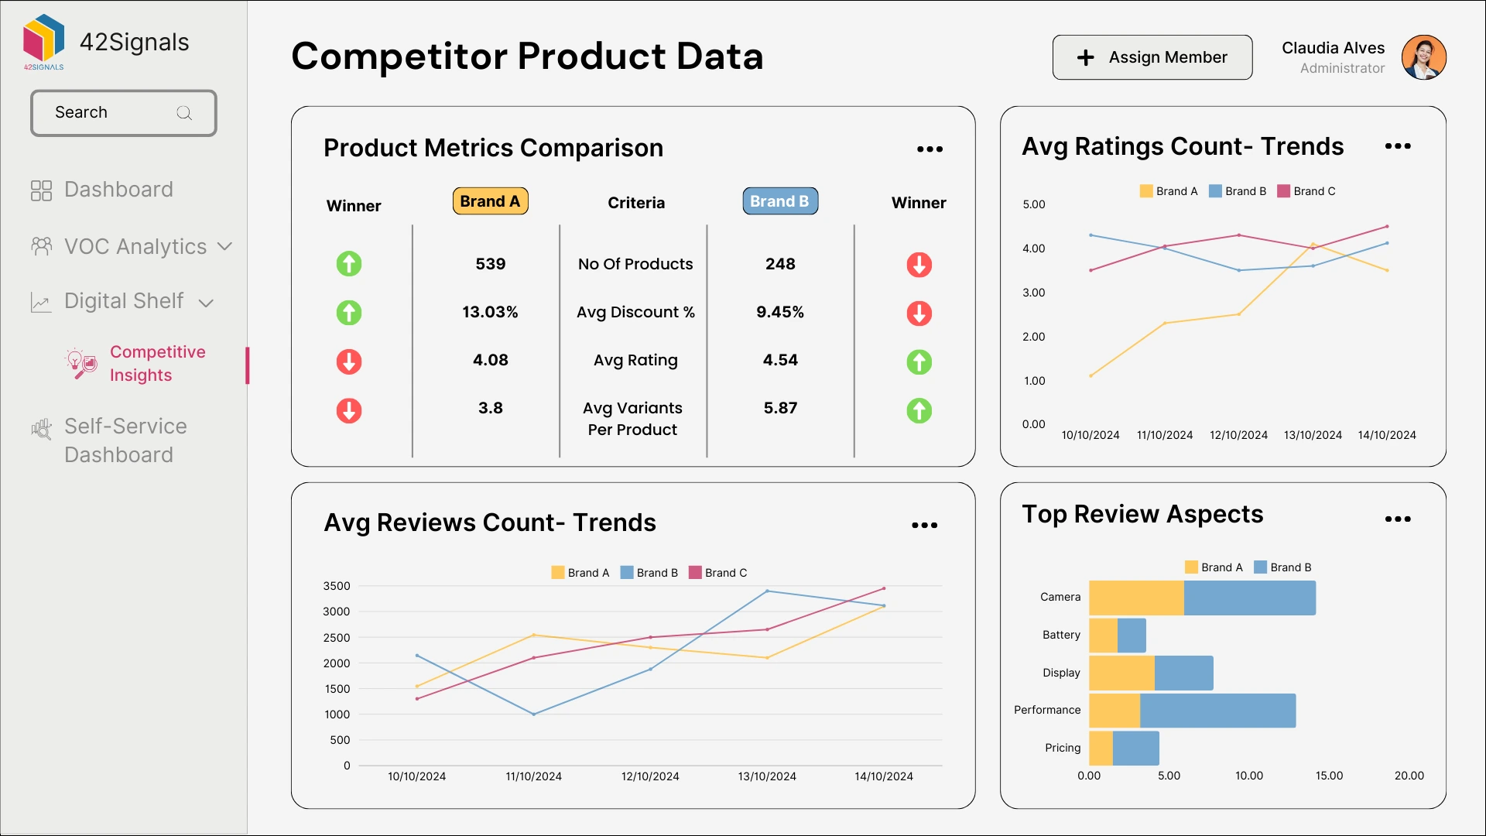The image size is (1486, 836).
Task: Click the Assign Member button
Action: click(1152, 57)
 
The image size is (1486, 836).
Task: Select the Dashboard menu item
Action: click(118, 190)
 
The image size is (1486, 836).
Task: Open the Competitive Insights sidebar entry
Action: click(157, 363)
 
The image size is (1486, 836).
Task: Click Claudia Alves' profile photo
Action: click(1423, 57)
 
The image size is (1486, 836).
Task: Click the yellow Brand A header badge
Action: click(490, 201)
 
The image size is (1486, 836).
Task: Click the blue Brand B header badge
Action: click(779, 201)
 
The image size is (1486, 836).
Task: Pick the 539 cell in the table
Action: click(490, 264)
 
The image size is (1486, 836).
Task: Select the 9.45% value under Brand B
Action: click(779, 312)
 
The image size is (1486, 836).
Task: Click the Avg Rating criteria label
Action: click(635, 360)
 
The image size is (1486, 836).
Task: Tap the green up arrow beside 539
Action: click(349, 264)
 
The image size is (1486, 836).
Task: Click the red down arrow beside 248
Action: click(919, 265)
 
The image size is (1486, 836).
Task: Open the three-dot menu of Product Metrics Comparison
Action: click(930, 149)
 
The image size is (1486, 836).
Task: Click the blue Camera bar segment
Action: click(1249, 598)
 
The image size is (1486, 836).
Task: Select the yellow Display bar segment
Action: click(1121, 673)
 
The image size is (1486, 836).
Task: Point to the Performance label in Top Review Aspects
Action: click(1047, 710)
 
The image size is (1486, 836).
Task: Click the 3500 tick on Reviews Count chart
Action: click(337, 586)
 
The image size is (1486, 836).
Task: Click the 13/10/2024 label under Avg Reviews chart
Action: click(766, 776)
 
